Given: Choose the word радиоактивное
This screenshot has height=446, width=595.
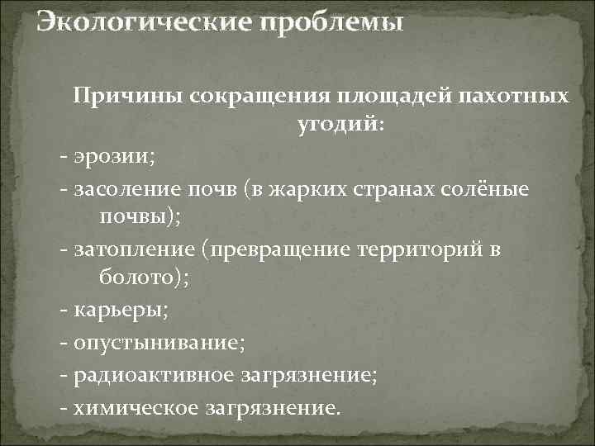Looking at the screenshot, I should [x=155, y=376].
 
